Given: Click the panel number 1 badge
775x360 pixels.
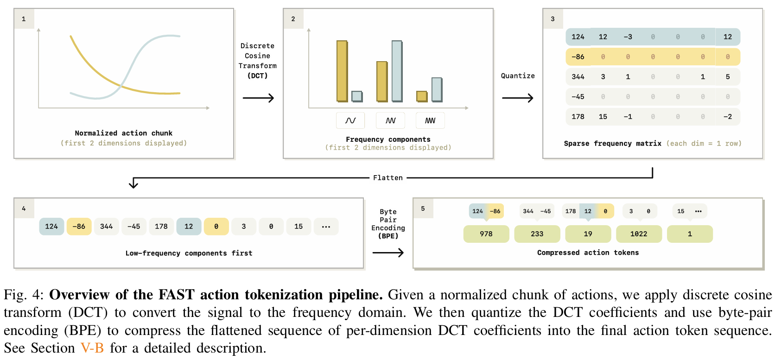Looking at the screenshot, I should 24,19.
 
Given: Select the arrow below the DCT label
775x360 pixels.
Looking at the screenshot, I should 258,98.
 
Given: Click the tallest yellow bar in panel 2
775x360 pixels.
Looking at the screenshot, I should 342,71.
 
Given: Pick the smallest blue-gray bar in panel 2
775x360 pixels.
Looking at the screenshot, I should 357,96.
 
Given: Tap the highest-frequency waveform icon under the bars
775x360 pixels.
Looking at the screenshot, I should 430,120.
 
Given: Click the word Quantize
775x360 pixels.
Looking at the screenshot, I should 518,76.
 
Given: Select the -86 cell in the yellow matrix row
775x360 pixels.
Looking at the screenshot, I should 578,57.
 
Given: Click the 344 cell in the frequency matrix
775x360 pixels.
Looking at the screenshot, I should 578,77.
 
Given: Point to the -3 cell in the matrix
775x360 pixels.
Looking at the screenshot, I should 628,37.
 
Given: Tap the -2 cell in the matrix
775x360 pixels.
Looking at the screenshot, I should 727,117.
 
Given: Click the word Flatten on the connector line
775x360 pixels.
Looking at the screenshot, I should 388,178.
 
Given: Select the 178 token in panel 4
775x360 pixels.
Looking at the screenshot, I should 161,227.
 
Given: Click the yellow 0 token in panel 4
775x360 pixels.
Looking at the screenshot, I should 216,227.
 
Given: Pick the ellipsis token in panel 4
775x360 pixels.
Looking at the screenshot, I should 326,227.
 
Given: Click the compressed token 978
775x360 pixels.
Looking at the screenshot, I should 486,234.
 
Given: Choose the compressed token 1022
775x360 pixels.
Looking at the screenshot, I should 638,234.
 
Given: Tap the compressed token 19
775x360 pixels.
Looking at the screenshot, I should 588,234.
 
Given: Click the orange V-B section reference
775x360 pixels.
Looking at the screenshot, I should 92,348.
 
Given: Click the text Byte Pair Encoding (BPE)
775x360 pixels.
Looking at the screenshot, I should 388,224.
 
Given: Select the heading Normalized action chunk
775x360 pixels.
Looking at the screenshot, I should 123,133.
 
